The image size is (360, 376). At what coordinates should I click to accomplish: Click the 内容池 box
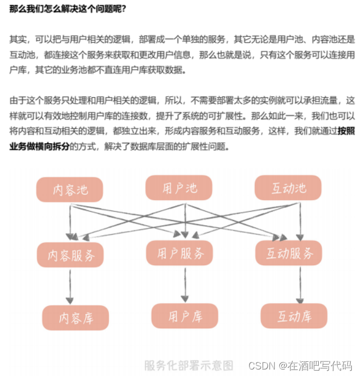click(69, 190)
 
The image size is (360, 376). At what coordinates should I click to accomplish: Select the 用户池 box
click(179, 188)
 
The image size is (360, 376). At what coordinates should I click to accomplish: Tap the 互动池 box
click(288, 188)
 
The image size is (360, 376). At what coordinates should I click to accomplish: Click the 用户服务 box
click(180, 253)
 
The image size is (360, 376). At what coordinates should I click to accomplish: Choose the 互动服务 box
click(289, 253)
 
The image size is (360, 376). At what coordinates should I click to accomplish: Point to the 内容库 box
click(76, 317)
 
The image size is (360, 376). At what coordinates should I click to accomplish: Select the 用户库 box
click(184, 316)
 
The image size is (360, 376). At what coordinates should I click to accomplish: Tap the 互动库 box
click(294, 316)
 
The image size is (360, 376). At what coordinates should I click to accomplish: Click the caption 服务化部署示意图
click(189, 365)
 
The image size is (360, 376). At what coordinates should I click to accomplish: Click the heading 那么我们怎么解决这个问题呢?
click(68, 9)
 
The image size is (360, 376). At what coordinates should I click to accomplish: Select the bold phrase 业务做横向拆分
click(40, 146)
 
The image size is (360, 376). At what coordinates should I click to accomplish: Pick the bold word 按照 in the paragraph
click(346, 131)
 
